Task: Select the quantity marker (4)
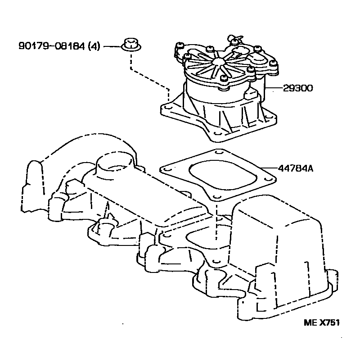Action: coord(94,46)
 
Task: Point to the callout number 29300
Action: coord(298,88)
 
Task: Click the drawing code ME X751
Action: coord(321,323)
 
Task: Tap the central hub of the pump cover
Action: coord(218,62)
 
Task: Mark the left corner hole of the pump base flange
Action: coord(167,109)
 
